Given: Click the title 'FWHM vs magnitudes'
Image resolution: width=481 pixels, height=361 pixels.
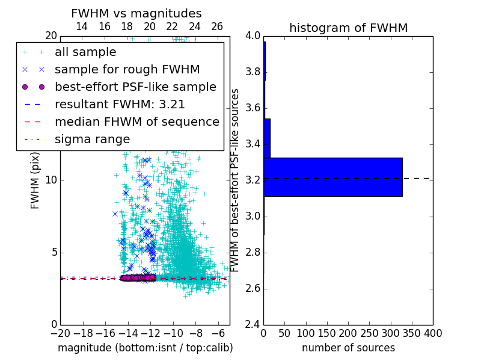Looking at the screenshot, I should point(136,14).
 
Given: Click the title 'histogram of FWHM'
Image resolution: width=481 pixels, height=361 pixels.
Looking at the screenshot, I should point(348,28).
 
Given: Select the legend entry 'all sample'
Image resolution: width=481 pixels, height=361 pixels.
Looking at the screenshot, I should point(85,52).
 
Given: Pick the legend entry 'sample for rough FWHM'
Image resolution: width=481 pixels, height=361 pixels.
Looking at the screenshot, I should point(127,70).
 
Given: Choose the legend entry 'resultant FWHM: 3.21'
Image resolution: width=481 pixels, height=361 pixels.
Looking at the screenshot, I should point(120,105).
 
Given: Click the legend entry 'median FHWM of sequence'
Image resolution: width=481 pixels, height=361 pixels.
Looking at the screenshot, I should point(136,122).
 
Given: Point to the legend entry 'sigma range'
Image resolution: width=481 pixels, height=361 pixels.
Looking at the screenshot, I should point(92,140).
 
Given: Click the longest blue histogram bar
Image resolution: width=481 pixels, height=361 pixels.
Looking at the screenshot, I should point(332,177).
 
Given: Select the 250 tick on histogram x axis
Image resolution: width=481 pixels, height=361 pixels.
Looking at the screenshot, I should point(369,333).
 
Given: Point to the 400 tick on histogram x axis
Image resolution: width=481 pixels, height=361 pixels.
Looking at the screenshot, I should point(433,333).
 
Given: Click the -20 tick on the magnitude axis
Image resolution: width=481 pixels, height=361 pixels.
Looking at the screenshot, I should point(60,333).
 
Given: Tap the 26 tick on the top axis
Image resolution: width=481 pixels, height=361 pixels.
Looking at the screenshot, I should point(217,26).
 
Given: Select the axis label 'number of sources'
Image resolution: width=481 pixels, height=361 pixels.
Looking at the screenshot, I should point(348,348).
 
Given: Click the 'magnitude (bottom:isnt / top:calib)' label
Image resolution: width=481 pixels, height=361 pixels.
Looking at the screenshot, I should point(145,348).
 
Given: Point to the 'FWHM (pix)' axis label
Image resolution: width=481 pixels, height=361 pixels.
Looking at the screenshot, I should point(35,180).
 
